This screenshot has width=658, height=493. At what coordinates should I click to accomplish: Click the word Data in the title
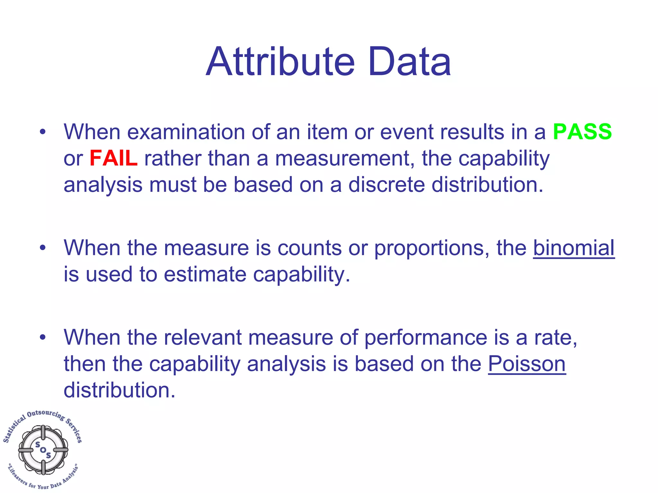[x=410, y=62]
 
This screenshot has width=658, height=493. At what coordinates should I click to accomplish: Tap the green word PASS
[x=582, y=132]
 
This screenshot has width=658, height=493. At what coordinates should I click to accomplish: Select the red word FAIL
[x=113, y=158]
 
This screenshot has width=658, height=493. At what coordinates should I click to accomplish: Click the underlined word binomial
[x=574, y=248]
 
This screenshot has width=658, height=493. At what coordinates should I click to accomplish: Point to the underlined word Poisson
[x=527, y=364]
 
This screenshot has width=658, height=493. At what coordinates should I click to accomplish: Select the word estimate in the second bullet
[x=205, y=275]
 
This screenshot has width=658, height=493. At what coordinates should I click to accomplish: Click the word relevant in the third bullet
[x=199, y=338]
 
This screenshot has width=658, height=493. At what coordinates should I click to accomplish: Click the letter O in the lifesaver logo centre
[x=43, y=450]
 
